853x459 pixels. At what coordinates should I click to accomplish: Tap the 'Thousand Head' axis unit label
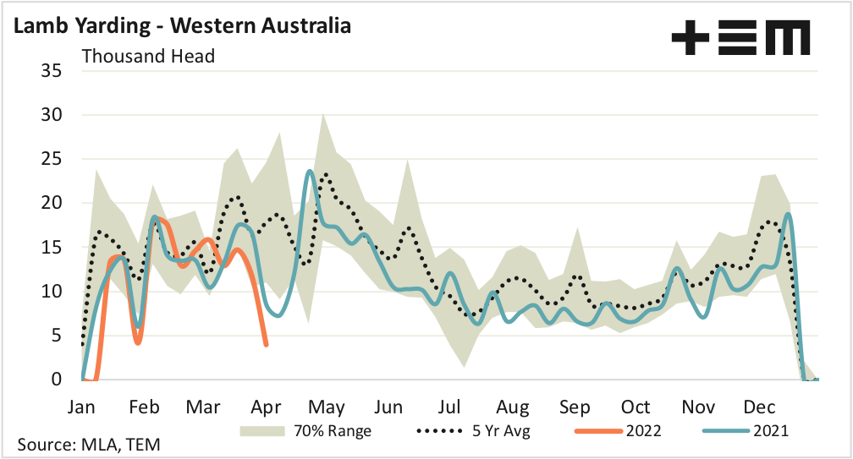pos(148,57)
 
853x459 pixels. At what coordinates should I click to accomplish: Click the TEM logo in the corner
pos(740,39)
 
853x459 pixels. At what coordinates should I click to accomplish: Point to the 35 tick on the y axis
pos(51,71)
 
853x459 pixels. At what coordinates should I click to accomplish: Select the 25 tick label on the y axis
pos(51,159)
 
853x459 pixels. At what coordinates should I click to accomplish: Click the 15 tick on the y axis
pos(51,248)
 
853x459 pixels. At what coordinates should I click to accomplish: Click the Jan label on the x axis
pos(82,407)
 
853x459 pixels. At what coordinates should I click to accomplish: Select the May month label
pos(328,407)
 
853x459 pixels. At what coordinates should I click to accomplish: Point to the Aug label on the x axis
pos(513,407)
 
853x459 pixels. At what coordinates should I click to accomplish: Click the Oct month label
pos(636,407)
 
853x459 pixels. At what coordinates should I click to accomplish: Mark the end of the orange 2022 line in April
pos(267,344)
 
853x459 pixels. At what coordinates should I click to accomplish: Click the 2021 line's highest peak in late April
pos(310,171)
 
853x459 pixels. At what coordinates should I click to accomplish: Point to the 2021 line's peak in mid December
pos(789,214)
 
